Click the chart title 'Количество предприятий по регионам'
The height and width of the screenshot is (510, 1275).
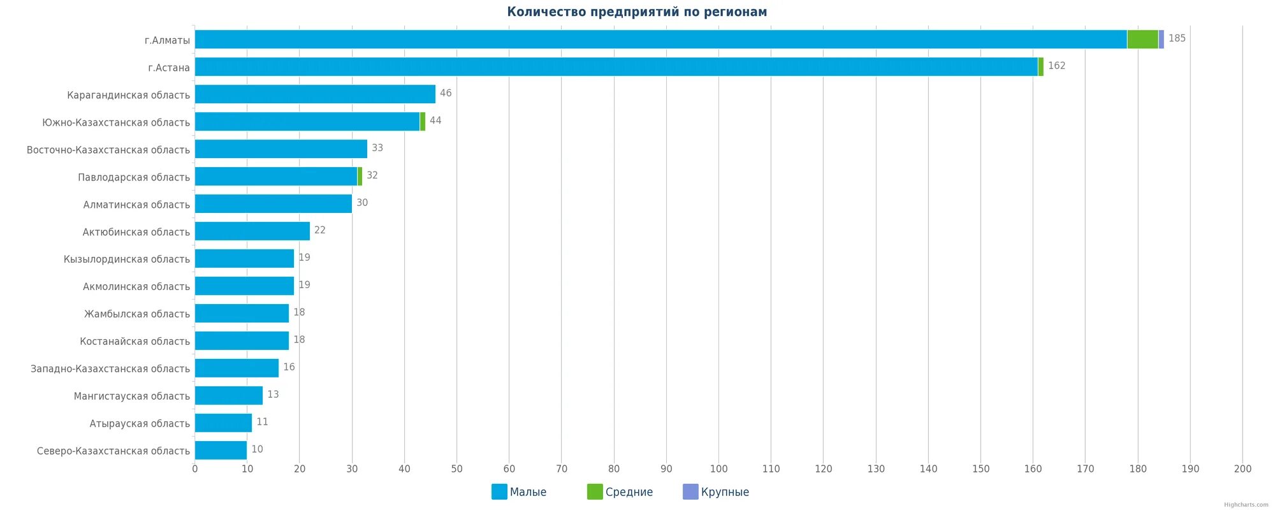point(637,11)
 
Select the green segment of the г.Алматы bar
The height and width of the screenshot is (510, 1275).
point(1142,39)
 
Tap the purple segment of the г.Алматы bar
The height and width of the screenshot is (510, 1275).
point(1162,39)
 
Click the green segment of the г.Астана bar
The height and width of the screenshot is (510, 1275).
point(1041,66)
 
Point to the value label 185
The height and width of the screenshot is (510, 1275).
point(1177,38)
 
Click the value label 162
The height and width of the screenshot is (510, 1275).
point(1056,66)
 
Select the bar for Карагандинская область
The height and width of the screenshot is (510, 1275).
point(315,94)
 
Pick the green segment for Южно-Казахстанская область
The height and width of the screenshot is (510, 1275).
point(423,121)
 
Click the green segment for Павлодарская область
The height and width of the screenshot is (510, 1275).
point(360,176)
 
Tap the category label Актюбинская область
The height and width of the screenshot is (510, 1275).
point(136,232)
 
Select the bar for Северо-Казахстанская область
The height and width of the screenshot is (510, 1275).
point(221,450)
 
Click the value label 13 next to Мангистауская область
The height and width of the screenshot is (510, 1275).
point(273,395)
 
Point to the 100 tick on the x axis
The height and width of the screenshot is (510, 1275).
point(718,469)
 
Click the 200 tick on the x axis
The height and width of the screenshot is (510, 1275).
point(1242,469)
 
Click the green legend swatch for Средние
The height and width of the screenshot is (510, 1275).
point(595,492)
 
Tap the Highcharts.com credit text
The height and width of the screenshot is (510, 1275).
point(1246,505)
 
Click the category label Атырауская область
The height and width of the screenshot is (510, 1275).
point(140,423)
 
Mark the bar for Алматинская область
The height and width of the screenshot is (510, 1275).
point(273,203)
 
